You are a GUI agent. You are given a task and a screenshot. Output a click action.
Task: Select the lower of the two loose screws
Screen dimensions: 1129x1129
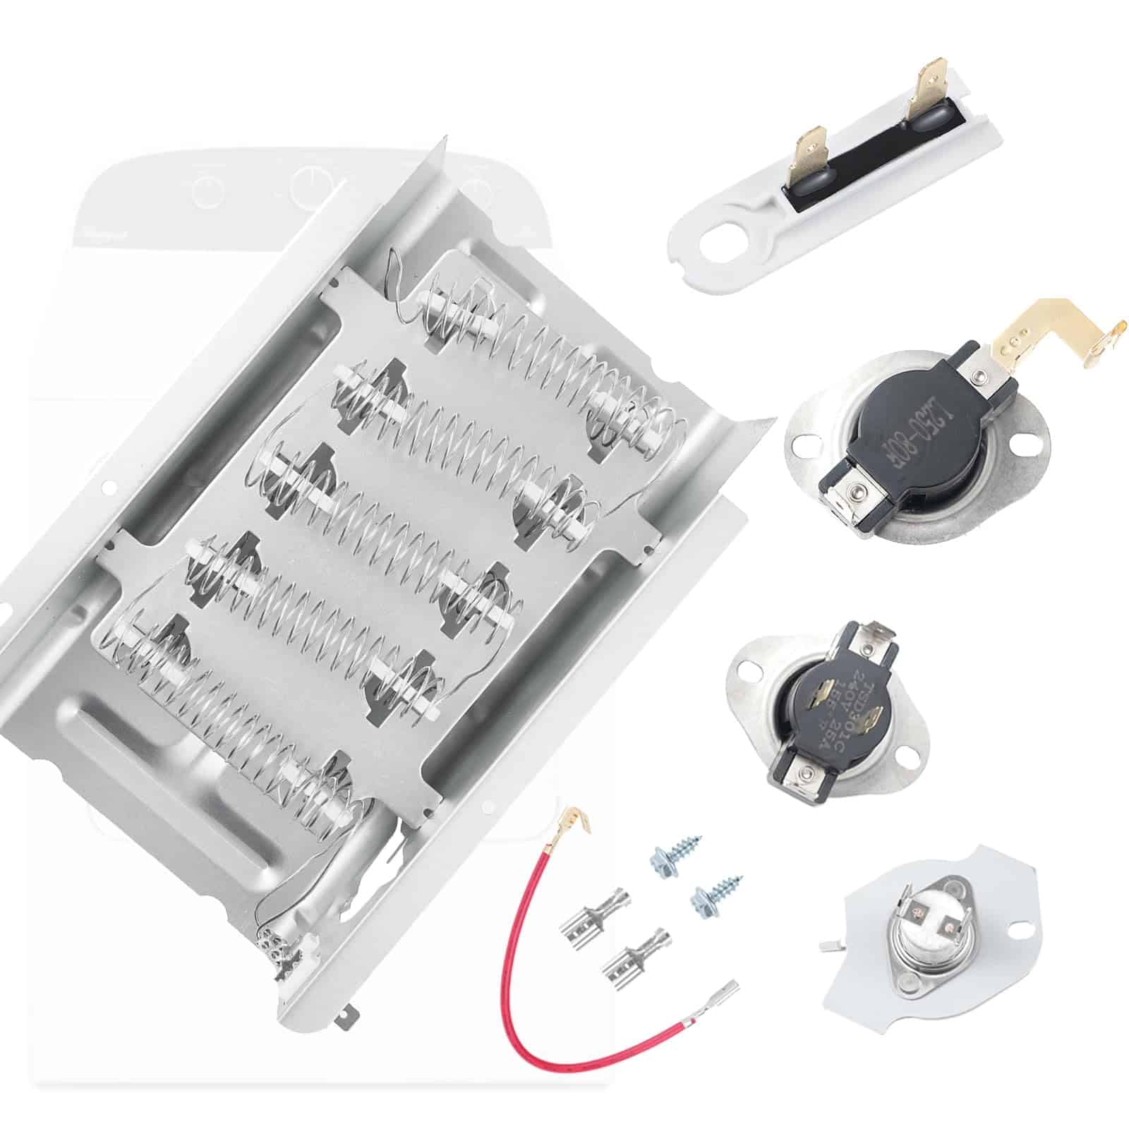point(709,896)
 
